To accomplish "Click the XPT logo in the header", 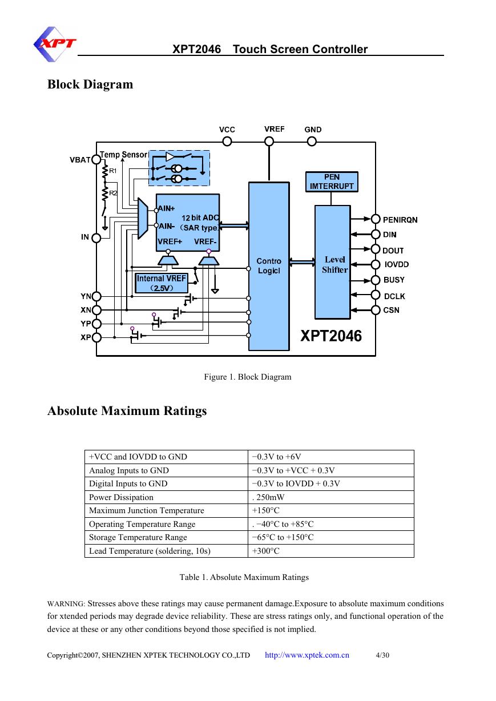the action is point(55,44).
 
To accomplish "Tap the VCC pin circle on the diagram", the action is point(227,142).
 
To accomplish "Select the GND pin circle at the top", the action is point(312,142).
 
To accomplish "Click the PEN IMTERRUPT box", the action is point(332,182).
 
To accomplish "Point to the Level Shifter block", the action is point(332,262).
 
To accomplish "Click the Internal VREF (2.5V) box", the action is point(162,283).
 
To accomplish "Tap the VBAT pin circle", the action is point(96,160).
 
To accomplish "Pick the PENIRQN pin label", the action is point(400,220).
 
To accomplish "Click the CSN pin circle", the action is point(376,310).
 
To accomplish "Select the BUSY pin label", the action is point(394,280).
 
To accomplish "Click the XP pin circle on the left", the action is point(96,337).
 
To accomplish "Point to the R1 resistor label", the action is point(112,171).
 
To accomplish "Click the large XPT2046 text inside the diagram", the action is point(331,336).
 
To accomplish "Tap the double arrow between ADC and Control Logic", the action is point(234,225).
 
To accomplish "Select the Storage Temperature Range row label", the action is point(138,537).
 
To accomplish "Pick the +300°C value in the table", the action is point(265,551).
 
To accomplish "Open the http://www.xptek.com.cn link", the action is point(307,655).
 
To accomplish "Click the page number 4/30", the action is point(382,655).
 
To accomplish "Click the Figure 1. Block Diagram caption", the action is point(248,377).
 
